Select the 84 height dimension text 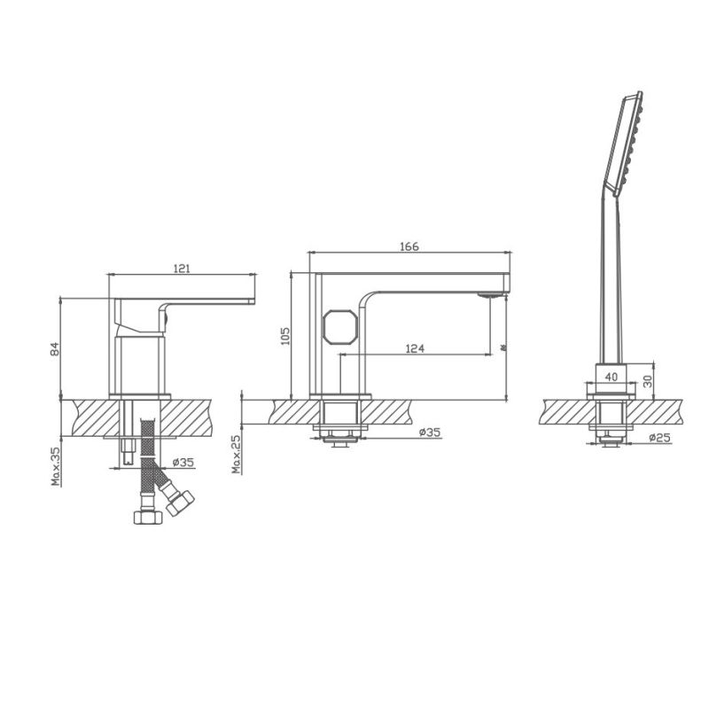click(x=55, y=349)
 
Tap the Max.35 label click(x=55, y=466)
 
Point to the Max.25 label click(x=237, y=454)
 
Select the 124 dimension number click(x=414, y=348)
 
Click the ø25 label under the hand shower click(x=658, y=438)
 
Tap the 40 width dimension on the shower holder click(x=611, y=376)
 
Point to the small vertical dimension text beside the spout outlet click(x=503, y=349)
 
